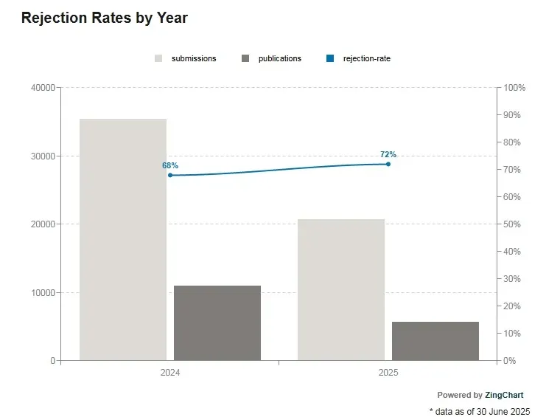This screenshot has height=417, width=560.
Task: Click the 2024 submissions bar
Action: pyautogui.click(x=123, y=240)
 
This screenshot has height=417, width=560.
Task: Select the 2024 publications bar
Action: pyautogui.click(x=217, y=323)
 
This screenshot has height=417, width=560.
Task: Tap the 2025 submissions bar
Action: pyautogui.click(x=341, y=289)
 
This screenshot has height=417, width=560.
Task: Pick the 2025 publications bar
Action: pyautogui.click(x=435, y=341)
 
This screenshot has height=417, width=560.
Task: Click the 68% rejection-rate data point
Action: pyautogui.click(x=170, y=175)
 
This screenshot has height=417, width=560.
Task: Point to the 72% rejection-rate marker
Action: pyautogui.click(x=388, y=164)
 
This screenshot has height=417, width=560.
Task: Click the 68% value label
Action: pyautogui.click(x=170, y=165)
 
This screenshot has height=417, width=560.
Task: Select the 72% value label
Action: pyautogui.click(x=388, y=154)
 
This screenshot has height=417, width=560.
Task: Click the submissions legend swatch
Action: pyautogui.click(x=158, y=58)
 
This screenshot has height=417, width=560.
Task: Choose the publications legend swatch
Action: pyautogui.click(x=245, y=58)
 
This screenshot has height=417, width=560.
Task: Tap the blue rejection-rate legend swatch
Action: pyautogui.click(x=330, y=58)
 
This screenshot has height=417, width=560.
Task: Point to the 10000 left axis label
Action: pyautogui.click(x=43, y=292)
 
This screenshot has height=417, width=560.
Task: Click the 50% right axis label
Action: pyautogui.click(x=512, y=224)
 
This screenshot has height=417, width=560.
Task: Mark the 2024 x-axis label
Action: pyautogui.click(x=170, y=373)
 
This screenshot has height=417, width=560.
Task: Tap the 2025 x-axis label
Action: pyautogui.click(x=388, y=373)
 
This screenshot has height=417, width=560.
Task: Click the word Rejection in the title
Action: pyautogui.click(x=55, y=18)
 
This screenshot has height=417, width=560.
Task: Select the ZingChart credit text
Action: pyautogui.click(x=504, y=395)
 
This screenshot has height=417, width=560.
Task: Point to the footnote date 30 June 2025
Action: pyautogui.click(x=505, y=412)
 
